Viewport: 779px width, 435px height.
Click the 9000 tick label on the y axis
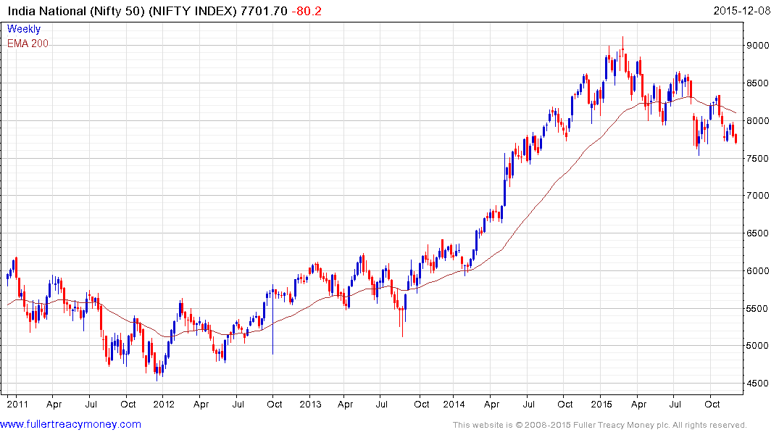[x=759, y=46]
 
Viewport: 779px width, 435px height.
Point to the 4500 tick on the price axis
[x=759, y=384]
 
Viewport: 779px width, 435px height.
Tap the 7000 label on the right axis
[x=759, y=196]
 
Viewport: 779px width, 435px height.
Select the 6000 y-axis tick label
[x=759, y=271]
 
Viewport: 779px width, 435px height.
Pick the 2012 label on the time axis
[x=163, y=404]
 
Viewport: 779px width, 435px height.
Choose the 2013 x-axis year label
[x=310, y=404]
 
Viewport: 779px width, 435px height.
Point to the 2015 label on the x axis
[x=601, y=404]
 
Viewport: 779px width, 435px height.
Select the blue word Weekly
[x=23, y=30]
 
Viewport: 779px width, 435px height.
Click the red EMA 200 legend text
[x=28, y=43]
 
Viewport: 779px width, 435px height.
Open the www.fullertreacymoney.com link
[x=71, y=424]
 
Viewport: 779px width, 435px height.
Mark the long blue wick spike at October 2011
[x=272, y=341]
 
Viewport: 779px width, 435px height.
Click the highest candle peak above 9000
[x=622, y=38]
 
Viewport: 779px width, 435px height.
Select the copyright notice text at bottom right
[x=599, y=425]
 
